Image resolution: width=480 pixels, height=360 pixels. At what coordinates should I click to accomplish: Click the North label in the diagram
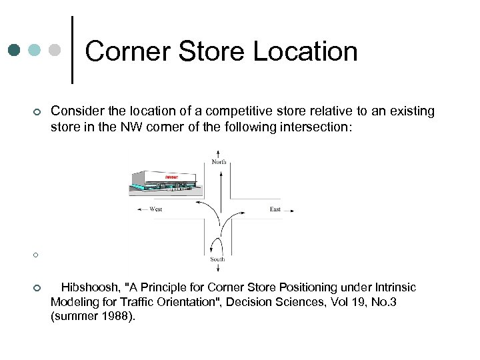pos(219,161)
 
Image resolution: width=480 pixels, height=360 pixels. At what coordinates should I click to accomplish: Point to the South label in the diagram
pos(218,259)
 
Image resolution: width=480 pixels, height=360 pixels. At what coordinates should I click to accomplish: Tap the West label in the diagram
pos(156,209)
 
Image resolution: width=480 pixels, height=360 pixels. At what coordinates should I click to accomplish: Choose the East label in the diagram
pos(275,209)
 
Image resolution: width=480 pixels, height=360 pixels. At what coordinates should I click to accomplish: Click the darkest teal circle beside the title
pos(15,51)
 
